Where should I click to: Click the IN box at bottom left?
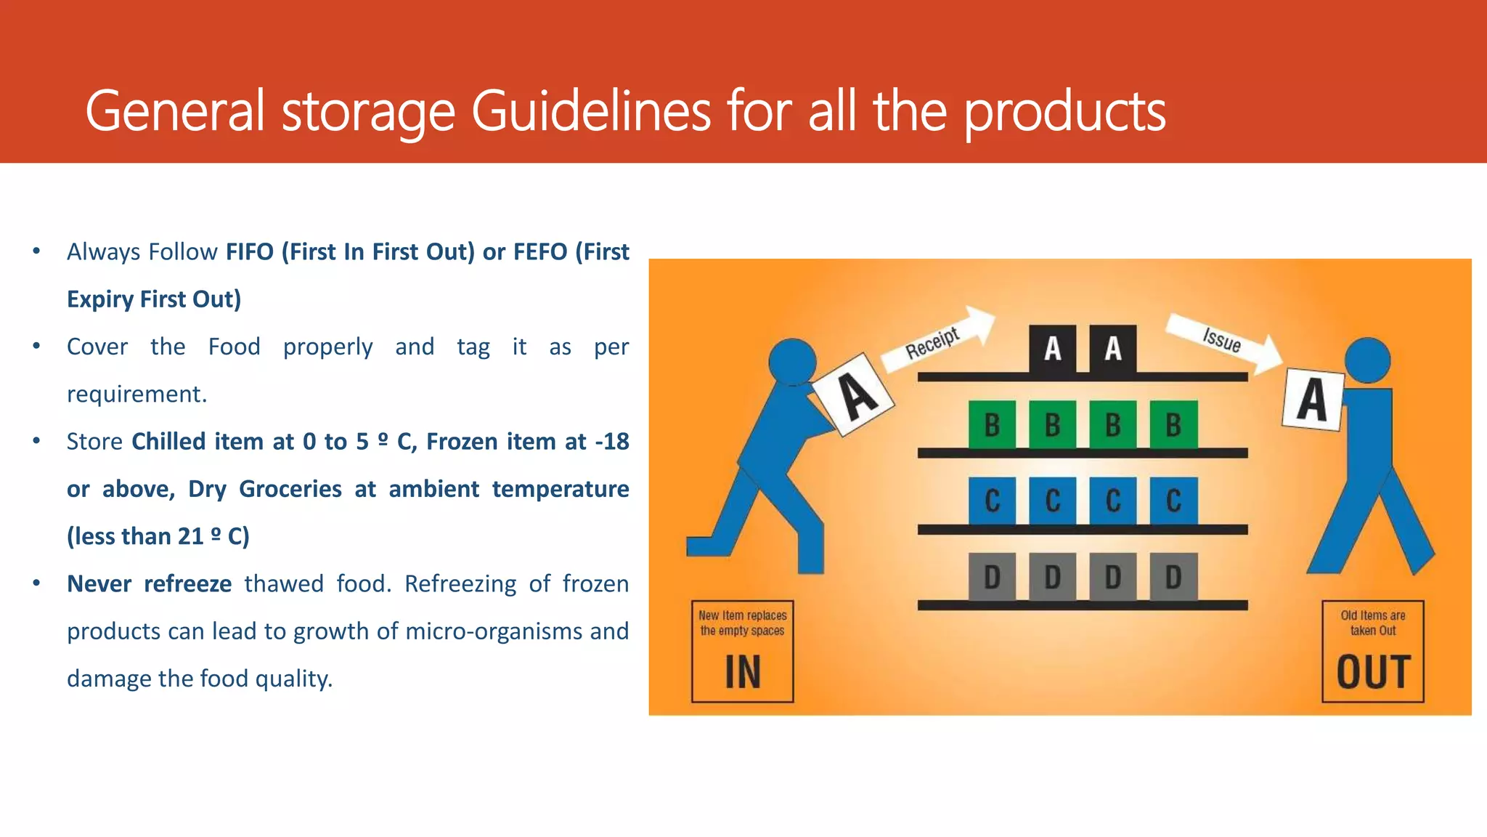click(x=742, y=651)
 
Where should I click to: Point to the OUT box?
click(x=1372, y=651)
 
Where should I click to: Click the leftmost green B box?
click(x=992, y=424)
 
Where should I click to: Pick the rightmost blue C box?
click(x=1173, y=501)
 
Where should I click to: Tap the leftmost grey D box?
click(x=992, y=577)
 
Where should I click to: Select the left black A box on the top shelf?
click(x=1053, y=349)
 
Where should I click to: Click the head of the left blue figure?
click(x=792, y=361)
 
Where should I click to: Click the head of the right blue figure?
click(x=1367, y=360)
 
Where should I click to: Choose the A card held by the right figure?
click(x=1313, y=399)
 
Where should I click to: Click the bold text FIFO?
click(x=250, y=252)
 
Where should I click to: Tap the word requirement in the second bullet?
click(x=137, y=395)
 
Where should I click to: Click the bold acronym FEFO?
click(x=540, y=252)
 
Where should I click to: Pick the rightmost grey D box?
click(x=1173, y=577)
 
